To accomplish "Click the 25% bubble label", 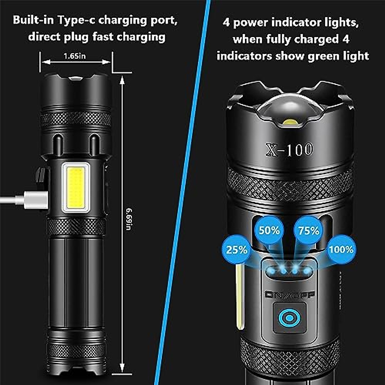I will pos(237,250).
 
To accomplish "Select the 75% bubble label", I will pos(309,231).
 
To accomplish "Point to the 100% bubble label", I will pos(341,249).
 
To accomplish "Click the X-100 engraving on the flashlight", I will pos(289,150).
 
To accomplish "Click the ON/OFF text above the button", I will pos(290,295).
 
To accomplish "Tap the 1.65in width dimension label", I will pos(74,56).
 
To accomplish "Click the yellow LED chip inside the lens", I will pos(291,122).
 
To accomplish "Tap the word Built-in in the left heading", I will pos(33,20).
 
